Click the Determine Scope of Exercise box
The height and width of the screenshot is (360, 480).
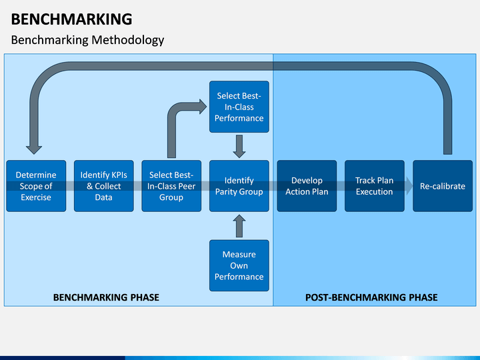click(x=36, y=186)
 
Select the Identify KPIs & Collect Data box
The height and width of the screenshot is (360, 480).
click(x=104, y=186)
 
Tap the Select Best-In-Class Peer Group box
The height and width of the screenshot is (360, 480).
click(x=171, y=186)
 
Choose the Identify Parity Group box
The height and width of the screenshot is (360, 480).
click(x=239, y=186)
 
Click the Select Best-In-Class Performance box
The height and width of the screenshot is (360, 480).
click(x=239, y=107)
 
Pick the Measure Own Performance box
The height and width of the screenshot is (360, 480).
click(x=239, y=265)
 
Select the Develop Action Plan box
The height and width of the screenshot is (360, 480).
click(x=307, y=186)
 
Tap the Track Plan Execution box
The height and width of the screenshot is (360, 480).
click(x=375, y=186)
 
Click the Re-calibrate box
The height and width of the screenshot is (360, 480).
click(x=443, y=186)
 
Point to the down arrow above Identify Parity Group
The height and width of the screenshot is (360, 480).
click(x=239, y=146)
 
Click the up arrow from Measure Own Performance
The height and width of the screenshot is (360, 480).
click(x=239, y=226)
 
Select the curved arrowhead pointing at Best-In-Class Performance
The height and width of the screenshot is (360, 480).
click(x=203, y=107)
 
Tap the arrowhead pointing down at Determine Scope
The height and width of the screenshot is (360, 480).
click(x=34, y=150)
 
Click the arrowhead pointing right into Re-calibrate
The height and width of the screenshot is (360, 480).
click(x=409, y=186)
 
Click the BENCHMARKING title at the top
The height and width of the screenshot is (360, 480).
click(x=71, y=19)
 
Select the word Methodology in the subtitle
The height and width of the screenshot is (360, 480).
click(x=127, y=40)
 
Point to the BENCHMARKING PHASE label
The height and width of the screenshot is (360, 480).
click(x=106, y=297)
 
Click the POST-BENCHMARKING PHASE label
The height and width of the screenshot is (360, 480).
click(x=371, y=297)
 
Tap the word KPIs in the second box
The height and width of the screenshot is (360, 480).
click(x=117, y=175)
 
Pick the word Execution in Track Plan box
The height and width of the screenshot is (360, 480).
click(x=375, y=191)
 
